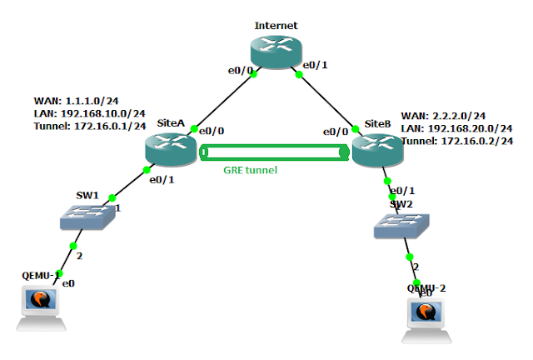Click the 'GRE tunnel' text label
tap(250, 170)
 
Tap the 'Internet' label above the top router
tap(275, 26)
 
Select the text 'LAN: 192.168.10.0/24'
tap(90, 112)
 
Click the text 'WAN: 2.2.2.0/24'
tap(444, 116)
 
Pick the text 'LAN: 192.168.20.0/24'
tap(456, 128)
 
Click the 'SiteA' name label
tap(170, 122)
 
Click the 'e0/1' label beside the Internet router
tap(314, 64)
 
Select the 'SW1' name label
tap(87, 197)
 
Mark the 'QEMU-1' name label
tap(41, 274)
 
